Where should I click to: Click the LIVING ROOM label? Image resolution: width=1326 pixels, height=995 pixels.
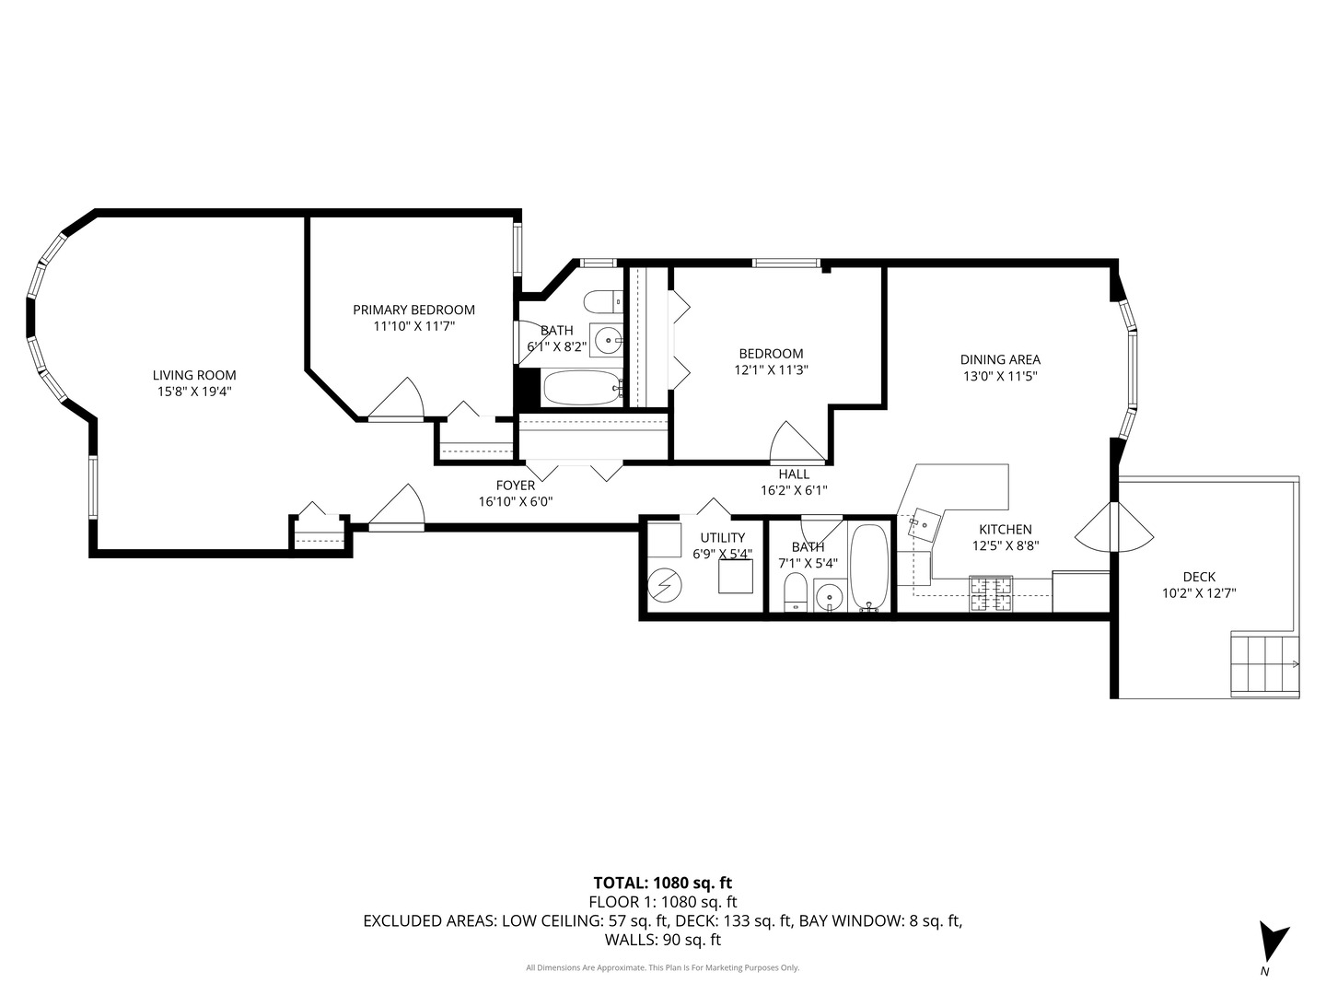pos(194,375)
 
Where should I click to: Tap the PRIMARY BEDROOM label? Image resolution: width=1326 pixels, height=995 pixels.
pos(413,310)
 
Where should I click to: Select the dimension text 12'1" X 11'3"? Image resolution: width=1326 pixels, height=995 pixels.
pos(771,369)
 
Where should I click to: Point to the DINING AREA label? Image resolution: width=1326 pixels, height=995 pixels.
pos(1000,359)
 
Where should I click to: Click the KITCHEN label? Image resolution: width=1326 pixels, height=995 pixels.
pos(1006,529)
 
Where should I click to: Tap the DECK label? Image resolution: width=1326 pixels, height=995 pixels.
pos(1199,577)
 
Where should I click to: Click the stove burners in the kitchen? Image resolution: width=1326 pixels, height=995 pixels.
pos(991,593)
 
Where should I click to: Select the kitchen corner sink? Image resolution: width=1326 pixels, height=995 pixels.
pos(926,524)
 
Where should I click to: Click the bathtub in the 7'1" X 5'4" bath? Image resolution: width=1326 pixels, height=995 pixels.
pos(869,568)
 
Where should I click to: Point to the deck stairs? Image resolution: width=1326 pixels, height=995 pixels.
pos(1264,664)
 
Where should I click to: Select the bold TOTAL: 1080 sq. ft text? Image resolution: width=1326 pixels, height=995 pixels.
pos(663,883)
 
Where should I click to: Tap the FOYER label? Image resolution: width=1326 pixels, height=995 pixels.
pos(516,486)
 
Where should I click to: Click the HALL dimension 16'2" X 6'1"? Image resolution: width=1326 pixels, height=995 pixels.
pos(793,490)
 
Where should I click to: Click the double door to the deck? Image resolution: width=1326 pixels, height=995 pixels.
pos(1114,526)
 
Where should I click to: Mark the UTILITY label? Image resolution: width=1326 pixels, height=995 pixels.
pos(723,538)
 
